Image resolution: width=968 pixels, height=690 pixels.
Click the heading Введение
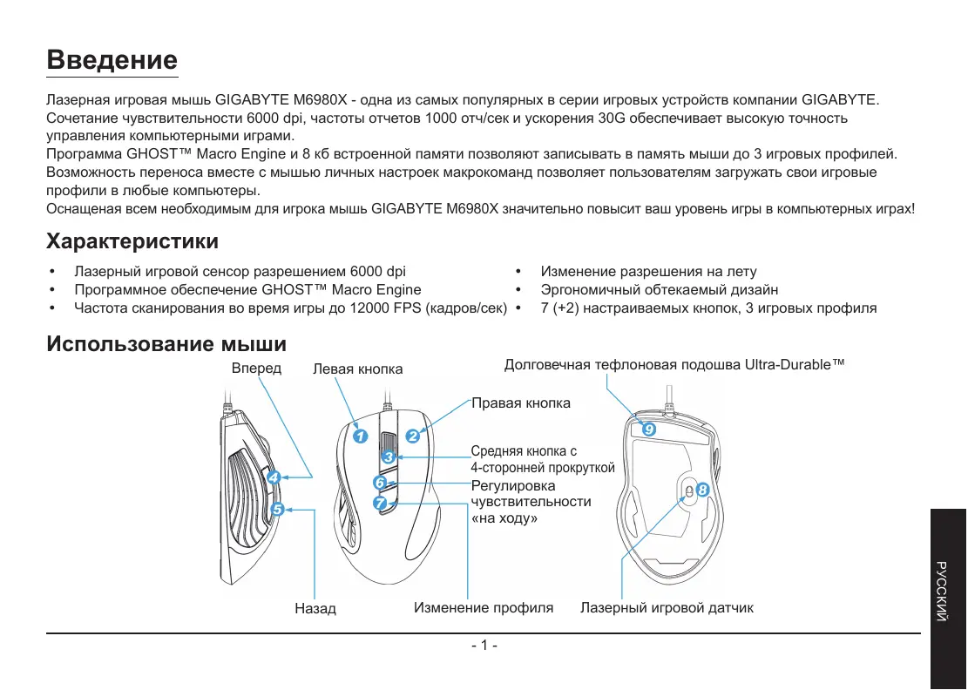pos(112,60)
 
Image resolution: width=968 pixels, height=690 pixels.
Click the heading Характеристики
pos(132,240)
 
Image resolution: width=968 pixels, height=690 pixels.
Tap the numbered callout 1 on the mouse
pos(361,436)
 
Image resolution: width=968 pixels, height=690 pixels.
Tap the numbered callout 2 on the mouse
pos(413,436)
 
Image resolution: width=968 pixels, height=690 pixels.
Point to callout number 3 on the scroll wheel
pos(389,457)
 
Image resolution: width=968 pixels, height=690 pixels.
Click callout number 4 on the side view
pos(273,477)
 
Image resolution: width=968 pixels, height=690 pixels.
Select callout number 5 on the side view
pos(277,510)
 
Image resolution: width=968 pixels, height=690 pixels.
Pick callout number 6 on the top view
pos(380,482)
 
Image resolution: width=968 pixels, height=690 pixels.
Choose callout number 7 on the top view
pos(380,503)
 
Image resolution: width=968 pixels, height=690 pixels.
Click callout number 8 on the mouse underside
pos(703,490)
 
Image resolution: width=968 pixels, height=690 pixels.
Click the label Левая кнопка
pos(357,369)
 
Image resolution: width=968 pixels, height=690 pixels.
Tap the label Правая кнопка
pos(521,402)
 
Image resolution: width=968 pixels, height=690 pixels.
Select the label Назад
pos(315,608)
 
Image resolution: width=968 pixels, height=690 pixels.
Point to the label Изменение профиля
pos(484,607)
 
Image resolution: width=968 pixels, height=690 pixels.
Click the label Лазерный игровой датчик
pos(667,607)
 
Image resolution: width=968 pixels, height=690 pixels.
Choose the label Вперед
pos(256,369)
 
